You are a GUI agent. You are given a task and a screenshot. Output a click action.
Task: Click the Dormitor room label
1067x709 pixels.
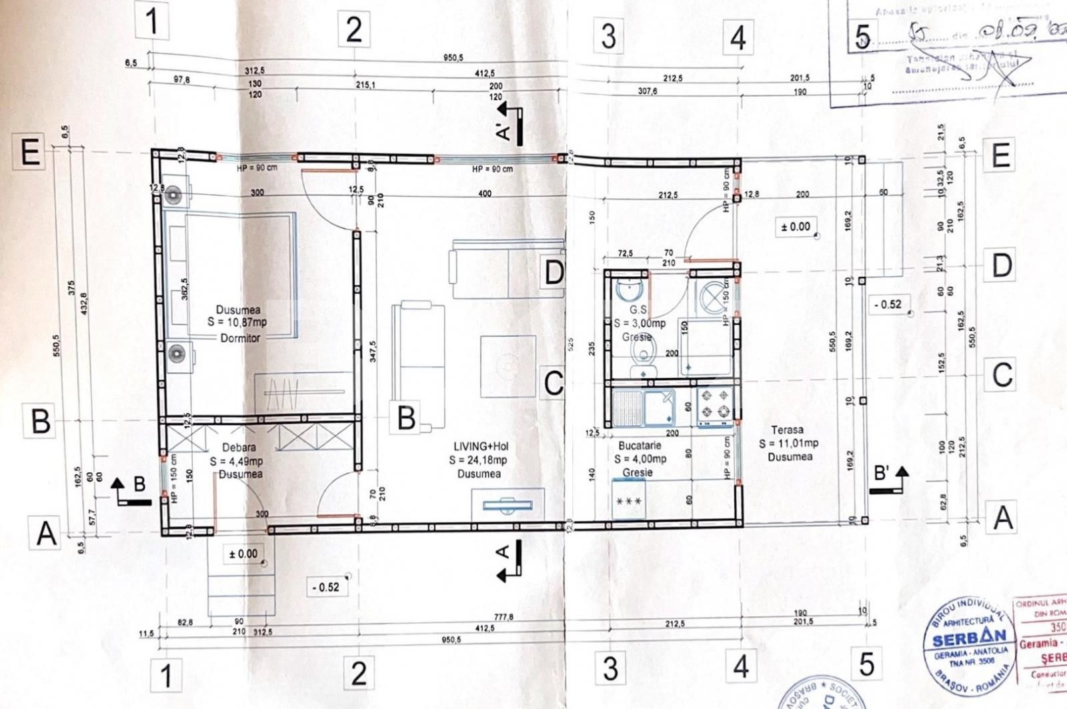240,338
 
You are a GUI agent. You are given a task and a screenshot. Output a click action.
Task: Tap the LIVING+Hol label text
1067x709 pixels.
481,446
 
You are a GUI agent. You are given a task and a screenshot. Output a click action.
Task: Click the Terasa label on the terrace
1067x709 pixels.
787,430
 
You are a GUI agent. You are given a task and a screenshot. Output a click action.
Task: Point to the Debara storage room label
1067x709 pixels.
239,448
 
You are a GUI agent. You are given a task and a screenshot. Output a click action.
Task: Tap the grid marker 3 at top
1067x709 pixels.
608,36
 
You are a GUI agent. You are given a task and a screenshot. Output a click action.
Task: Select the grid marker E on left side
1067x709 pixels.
30,153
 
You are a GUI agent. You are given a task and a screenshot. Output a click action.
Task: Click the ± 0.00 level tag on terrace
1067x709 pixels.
796,227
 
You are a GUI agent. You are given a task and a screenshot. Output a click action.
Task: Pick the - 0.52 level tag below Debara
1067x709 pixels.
326,587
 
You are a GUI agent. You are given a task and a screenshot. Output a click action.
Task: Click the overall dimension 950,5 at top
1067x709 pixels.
453,58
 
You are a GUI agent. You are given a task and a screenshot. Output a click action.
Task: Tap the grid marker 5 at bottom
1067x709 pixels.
866,664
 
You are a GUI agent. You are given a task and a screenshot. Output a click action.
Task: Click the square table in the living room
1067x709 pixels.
507,366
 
